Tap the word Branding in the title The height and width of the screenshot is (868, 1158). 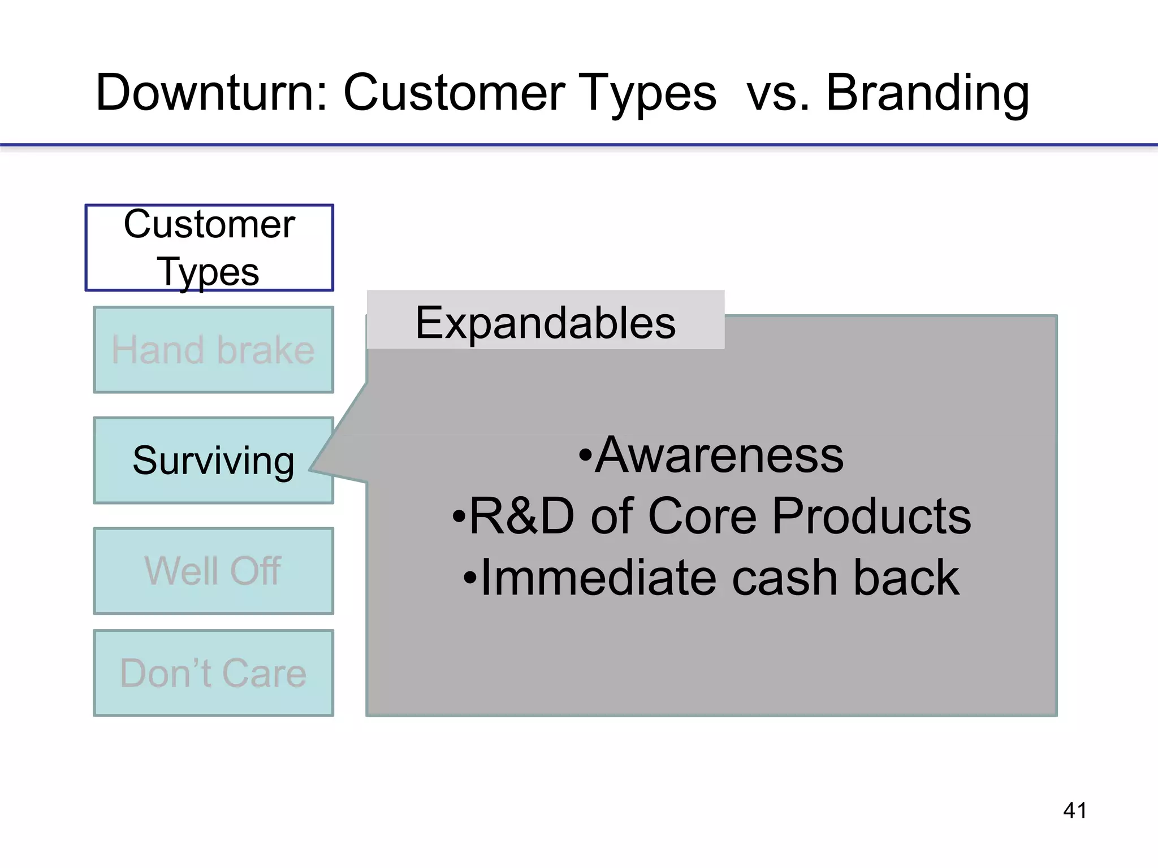pos(927,93)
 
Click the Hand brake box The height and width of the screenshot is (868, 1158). pos(213,350)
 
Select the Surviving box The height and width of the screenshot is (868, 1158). pos(213,461)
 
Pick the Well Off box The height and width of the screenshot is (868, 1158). pos(213,571)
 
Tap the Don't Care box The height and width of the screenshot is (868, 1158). pos(213,673)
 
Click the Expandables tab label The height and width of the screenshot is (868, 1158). pos(545,322)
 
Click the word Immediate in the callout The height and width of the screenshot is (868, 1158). pos(599,578)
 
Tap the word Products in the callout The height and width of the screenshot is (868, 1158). pos(871,517)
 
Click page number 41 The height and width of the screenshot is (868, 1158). pos(1074,810)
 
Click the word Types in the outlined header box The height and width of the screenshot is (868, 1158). pos(208,272)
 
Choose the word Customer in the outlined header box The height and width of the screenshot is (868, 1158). pos(209,224)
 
